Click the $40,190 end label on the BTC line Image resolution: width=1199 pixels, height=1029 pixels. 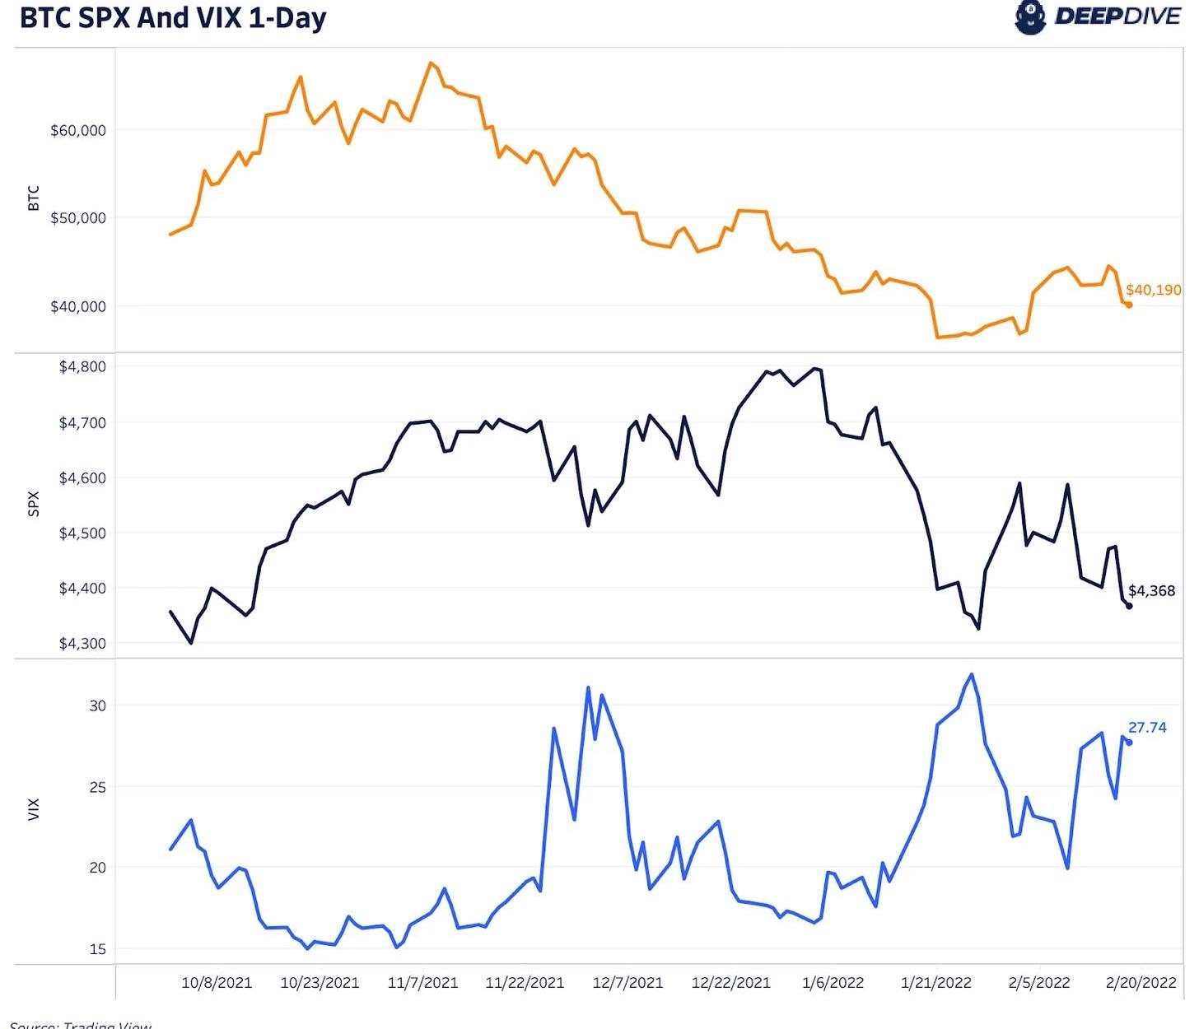point(1153,290)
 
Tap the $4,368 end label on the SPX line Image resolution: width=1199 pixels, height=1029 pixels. point(1151,591)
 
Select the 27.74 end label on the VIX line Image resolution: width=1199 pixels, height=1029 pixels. point(1147,728)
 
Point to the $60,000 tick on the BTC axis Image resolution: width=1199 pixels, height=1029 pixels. point(78,130)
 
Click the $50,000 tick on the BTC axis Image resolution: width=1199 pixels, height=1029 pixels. point(78,218)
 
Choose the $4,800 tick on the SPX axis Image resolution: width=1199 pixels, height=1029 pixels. point(82,367)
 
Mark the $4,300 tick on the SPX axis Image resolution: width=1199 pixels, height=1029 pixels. point(82,644)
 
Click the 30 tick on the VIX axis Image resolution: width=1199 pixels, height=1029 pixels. point(98,705)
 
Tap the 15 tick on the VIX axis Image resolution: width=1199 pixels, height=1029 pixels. point(98,949)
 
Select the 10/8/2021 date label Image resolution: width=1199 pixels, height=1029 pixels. point(217,983)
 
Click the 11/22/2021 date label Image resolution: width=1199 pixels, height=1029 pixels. point(525,983)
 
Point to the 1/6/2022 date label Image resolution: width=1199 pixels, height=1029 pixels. point(833,983)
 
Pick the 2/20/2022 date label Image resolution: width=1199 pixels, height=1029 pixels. point(1141,983)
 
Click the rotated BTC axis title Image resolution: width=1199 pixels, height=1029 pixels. point(34,198)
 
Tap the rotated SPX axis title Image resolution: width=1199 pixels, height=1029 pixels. point(34,504)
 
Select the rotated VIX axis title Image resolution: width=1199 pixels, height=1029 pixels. point(34,809)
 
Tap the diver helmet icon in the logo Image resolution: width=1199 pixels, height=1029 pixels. point(1029,17)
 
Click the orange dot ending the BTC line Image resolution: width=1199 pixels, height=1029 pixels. point(1129,305)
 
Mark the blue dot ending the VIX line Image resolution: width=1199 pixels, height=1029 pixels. point(1129,743)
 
